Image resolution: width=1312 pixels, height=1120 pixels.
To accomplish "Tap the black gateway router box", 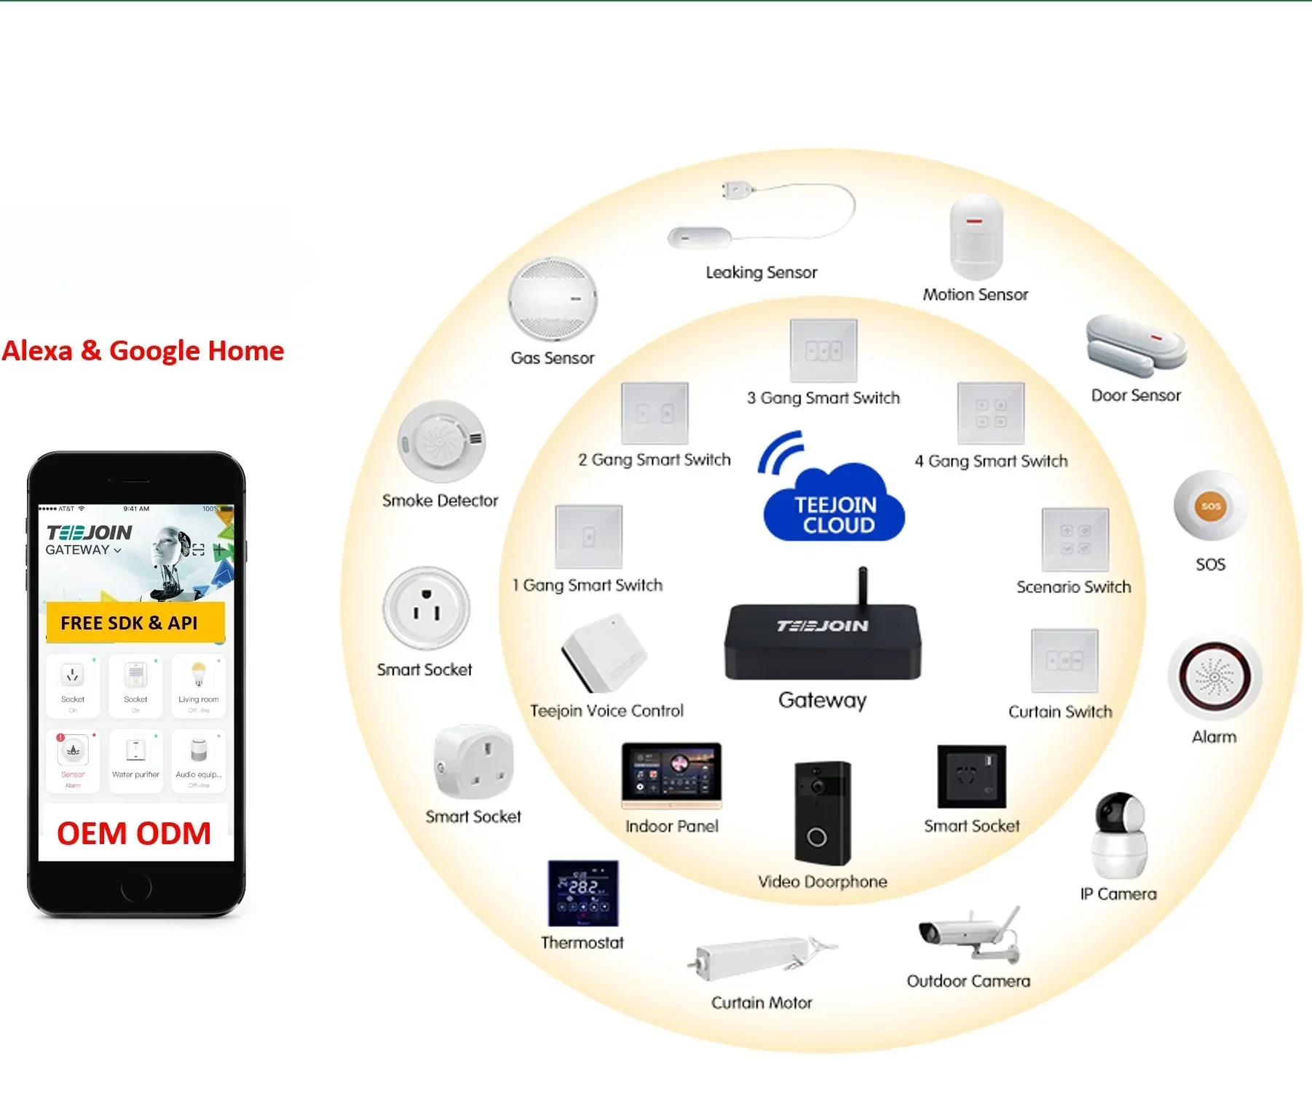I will (823, 640).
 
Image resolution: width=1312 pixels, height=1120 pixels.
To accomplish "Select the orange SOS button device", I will (1210, 507).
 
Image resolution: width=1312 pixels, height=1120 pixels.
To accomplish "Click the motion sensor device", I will (976, 237).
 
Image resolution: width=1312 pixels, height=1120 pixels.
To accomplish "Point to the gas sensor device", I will (553, 298).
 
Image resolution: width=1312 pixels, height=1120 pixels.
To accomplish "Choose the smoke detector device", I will (441, 441).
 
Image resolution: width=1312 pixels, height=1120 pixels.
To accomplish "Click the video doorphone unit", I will (823, 812).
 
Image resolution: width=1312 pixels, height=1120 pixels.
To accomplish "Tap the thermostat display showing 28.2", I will (583, 893).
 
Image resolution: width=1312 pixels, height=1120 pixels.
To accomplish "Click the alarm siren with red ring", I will (1214, 678).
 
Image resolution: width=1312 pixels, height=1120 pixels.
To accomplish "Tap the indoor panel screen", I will (671, 774).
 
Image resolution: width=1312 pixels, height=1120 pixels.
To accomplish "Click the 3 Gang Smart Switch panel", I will (823, 350).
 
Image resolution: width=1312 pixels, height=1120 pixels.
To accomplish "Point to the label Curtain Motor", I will (762, 1003).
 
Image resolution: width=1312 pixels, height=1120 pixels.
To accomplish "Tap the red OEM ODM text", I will (134, 834).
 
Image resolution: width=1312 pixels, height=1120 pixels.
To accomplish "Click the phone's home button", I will (136, 887).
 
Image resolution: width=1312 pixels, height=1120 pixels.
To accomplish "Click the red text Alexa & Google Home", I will (143, 351).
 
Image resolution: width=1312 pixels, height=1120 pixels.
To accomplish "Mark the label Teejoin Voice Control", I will (606, 711).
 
